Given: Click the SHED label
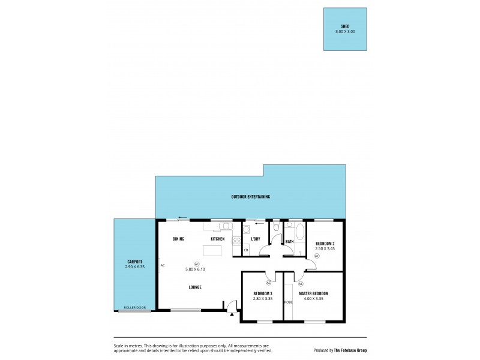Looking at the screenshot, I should pos(344,26).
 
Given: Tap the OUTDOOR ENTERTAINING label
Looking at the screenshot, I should pos(251,197).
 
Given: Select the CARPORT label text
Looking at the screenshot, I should pos(134,262).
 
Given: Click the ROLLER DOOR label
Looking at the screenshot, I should pos(134,307).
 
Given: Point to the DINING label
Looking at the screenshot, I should pos(178,239).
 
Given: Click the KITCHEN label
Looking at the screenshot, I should pos(217,239).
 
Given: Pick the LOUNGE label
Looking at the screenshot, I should pos(194,287).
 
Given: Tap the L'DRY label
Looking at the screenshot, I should pos(255,239).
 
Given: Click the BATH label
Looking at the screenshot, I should pos(289,242).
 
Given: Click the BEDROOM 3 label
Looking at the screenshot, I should pos(262,293).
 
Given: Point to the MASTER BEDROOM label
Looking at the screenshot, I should pos(313,293).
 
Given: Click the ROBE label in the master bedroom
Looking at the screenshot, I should pos(289,302).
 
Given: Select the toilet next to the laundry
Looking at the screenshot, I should pos(275,229).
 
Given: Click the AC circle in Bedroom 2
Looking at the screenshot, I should pos(317,256).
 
